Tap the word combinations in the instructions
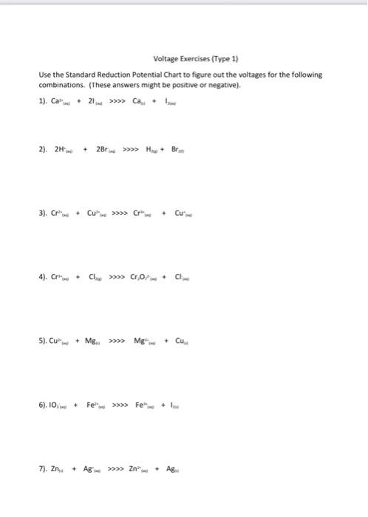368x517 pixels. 58,83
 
